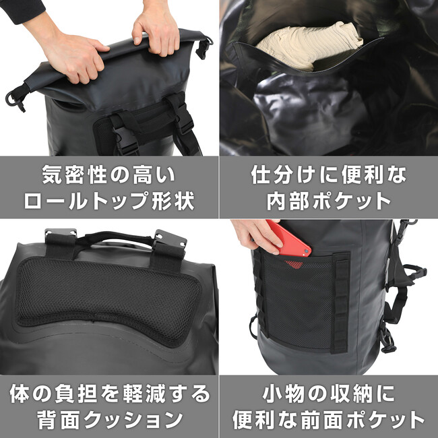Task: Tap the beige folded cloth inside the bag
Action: [309, 44]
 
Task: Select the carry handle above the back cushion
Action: [115, 237]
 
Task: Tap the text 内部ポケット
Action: [329, 201]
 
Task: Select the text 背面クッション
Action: [110, 420]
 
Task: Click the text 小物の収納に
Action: [329, 394]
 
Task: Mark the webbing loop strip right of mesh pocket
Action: [340, 303]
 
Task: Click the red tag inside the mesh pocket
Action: [294, 264]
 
